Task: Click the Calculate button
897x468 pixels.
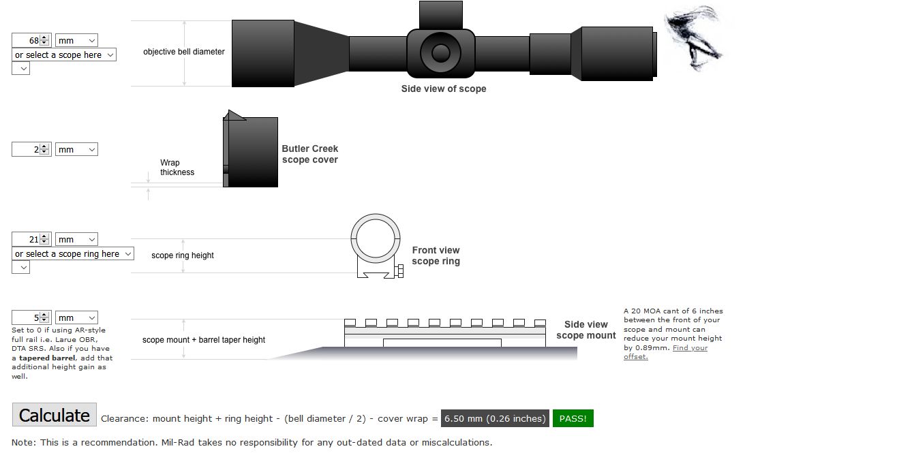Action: tap(55, 415)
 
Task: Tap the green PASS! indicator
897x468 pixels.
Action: tap(573, 418)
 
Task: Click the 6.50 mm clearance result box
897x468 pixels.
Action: tap(495, 418)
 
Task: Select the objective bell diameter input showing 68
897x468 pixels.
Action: tap(27, 40)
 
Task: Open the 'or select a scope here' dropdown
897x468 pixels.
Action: tap(64, 55)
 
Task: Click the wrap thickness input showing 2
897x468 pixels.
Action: tap(27, 150)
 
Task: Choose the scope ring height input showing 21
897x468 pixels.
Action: tap(27, 239)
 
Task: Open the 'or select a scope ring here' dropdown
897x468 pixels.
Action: tap(73, 254)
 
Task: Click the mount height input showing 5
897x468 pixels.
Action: tap(27, 318)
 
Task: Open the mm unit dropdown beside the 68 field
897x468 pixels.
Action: tap(76, 40)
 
